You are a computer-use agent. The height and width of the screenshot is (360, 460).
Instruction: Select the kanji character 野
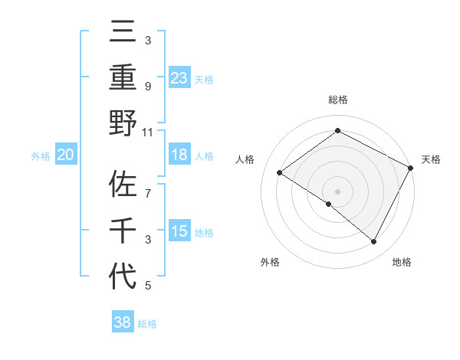point(123,122)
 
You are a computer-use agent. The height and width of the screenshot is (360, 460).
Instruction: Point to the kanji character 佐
point(123,186)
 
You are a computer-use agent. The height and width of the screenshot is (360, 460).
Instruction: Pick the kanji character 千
point(123,231)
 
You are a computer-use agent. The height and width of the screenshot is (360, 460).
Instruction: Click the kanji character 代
point(123,275)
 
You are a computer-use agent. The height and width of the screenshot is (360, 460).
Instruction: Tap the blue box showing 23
point(179,77)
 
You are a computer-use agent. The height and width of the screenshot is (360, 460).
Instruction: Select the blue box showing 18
point(179,155)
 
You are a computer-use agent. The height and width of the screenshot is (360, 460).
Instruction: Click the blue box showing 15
point(179,231)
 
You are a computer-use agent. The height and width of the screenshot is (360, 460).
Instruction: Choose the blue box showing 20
point(65,155)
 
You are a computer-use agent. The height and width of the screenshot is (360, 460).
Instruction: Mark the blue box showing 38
point(123,322)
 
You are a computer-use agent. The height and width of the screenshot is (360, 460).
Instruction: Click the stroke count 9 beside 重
point(148,86)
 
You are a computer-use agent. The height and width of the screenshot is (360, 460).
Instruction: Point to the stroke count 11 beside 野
point(148,131)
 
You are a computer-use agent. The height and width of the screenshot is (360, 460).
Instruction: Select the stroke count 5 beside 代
point(148,286)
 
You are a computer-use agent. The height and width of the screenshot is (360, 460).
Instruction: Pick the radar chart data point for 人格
point(280,172)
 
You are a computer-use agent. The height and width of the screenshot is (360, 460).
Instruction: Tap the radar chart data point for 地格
point(374,241)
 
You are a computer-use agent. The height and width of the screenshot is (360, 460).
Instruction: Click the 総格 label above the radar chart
point(338,100)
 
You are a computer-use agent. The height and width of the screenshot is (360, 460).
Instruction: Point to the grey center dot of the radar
point(338,191)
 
